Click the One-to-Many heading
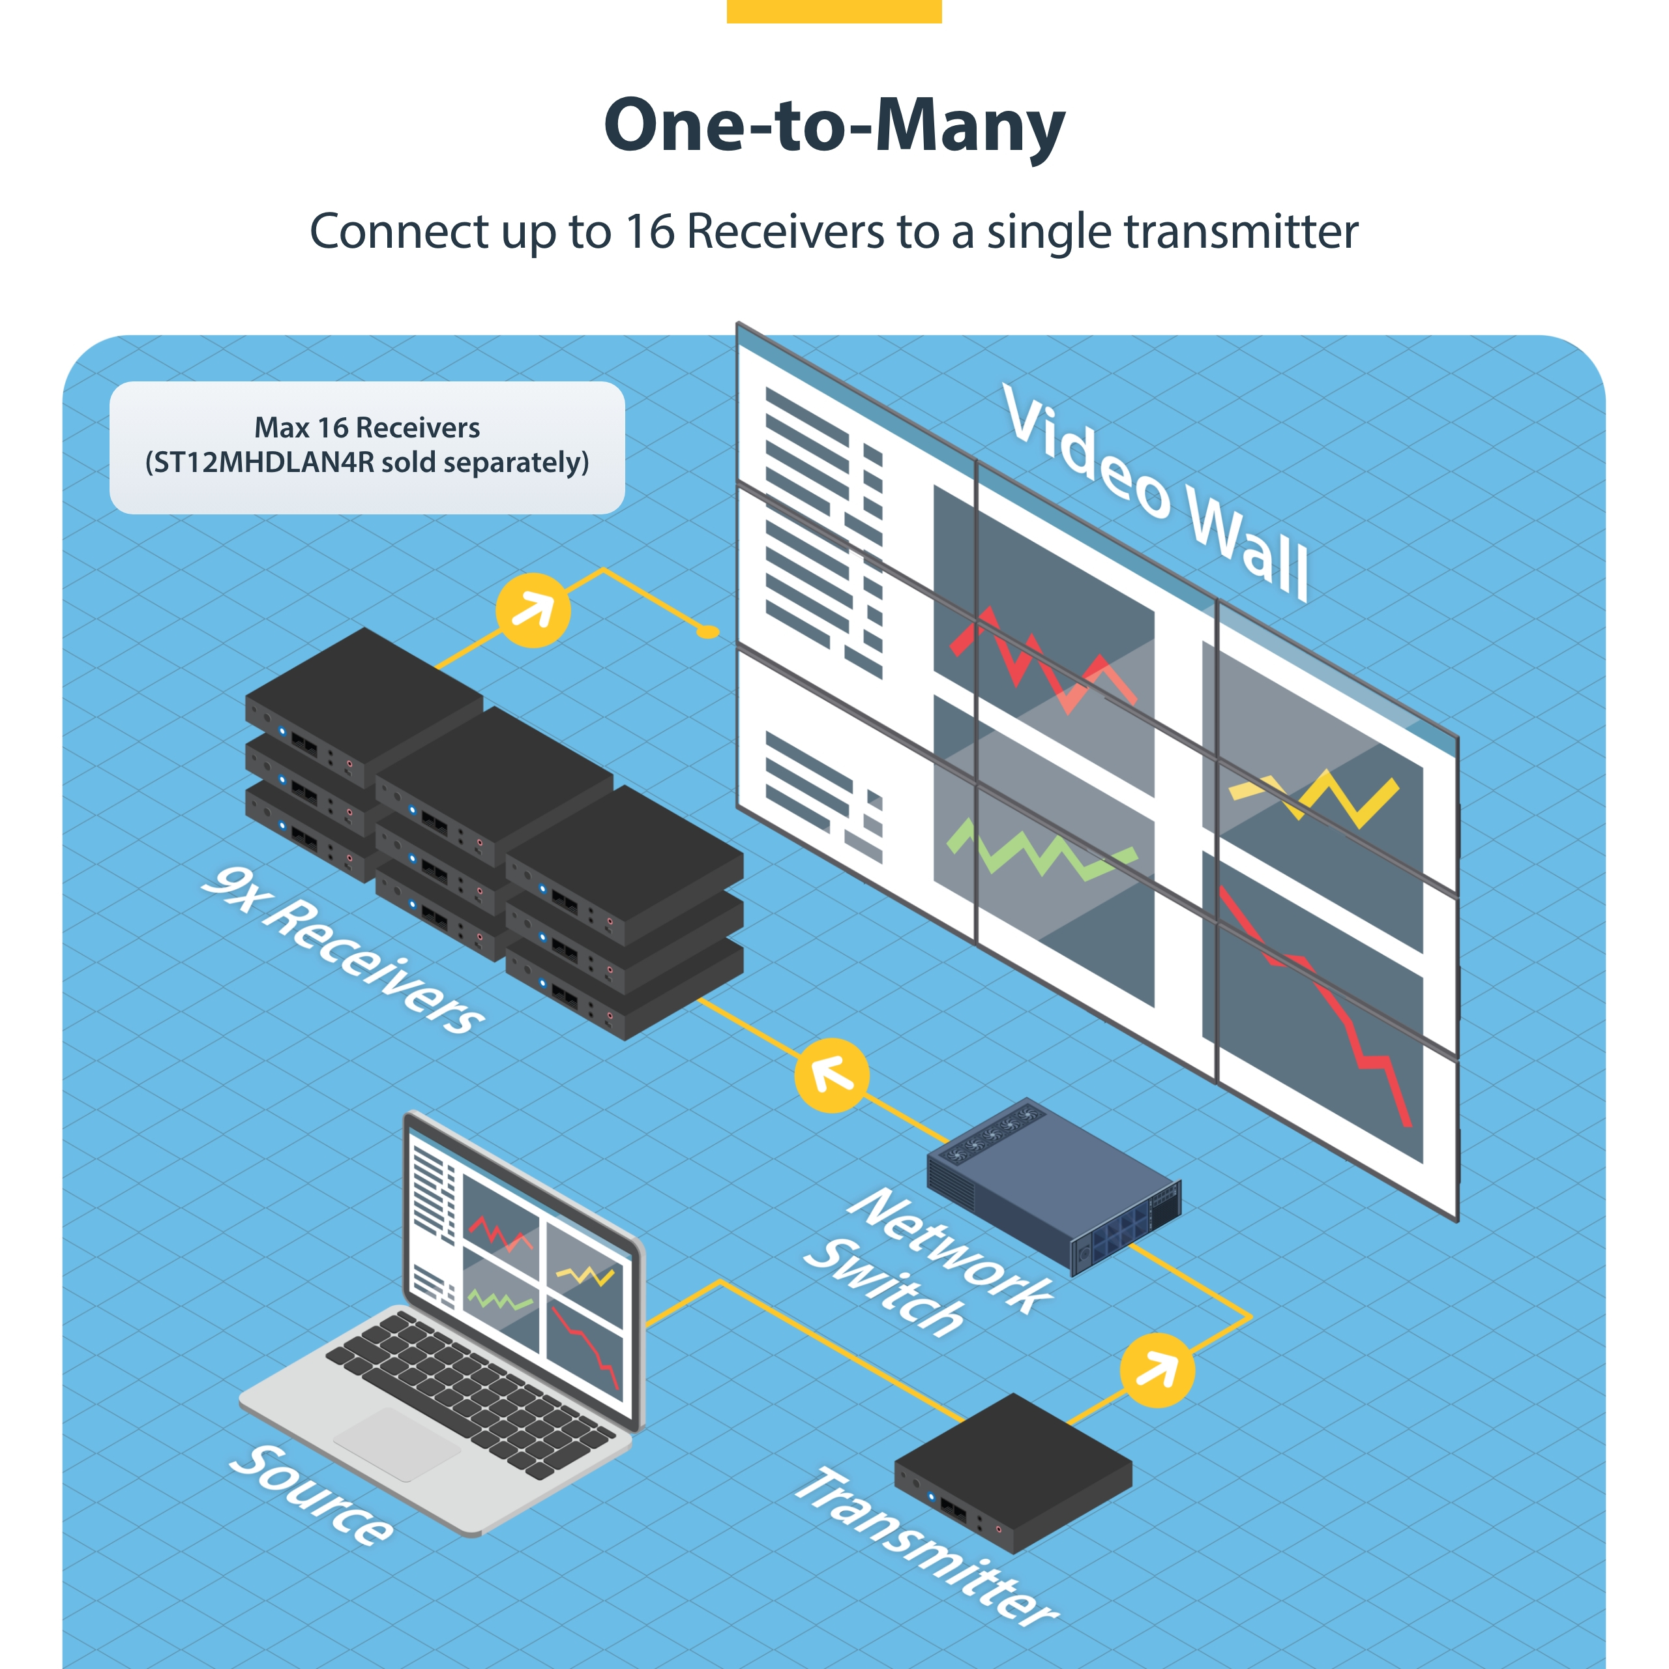834,126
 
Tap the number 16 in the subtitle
649,231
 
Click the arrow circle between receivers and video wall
533,610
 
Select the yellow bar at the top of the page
834,10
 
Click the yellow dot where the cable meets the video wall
707,632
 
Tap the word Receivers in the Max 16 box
417,428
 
